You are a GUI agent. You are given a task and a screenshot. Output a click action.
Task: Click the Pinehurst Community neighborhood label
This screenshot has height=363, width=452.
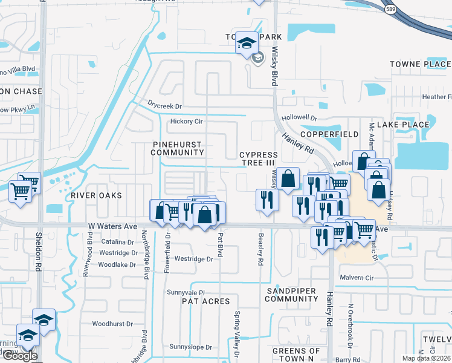pos(178,148)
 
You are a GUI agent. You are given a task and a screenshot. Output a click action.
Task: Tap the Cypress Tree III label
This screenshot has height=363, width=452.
pos(258,159)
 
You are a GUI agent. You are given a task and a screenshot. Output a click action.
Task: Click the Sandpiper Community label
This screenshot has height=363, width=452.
pos(291,295)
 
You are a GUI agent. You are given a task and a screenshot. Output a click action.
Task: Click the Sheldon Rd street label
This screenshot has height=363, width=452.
pos(38,251)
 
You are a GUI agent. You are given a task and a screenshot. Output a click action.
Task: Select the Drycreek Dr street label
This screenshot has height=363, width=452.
pos(164,106)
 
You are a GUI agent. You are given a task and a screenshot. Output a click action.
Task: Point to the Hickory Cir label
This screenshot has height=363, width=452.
pos(186,122)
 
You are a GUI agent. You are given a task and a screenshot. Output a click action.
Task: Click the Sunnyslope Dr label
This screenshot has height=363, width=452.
pos(191,347)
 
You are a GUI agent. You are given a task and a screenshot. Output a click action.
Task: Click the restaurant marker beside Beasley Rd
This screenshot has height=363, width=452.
pos(266,200)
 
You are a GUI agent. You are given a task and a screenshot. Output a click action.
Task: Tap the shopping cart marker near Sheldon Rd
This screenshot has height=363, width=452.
pos(21,192)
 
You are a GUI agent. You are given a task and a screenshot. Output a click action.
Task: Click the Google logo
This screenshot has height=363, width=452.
pos(20,356)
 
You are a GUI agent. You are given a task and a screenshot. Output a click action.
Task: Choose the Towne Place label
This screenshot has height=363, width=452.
pos(419,64)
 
